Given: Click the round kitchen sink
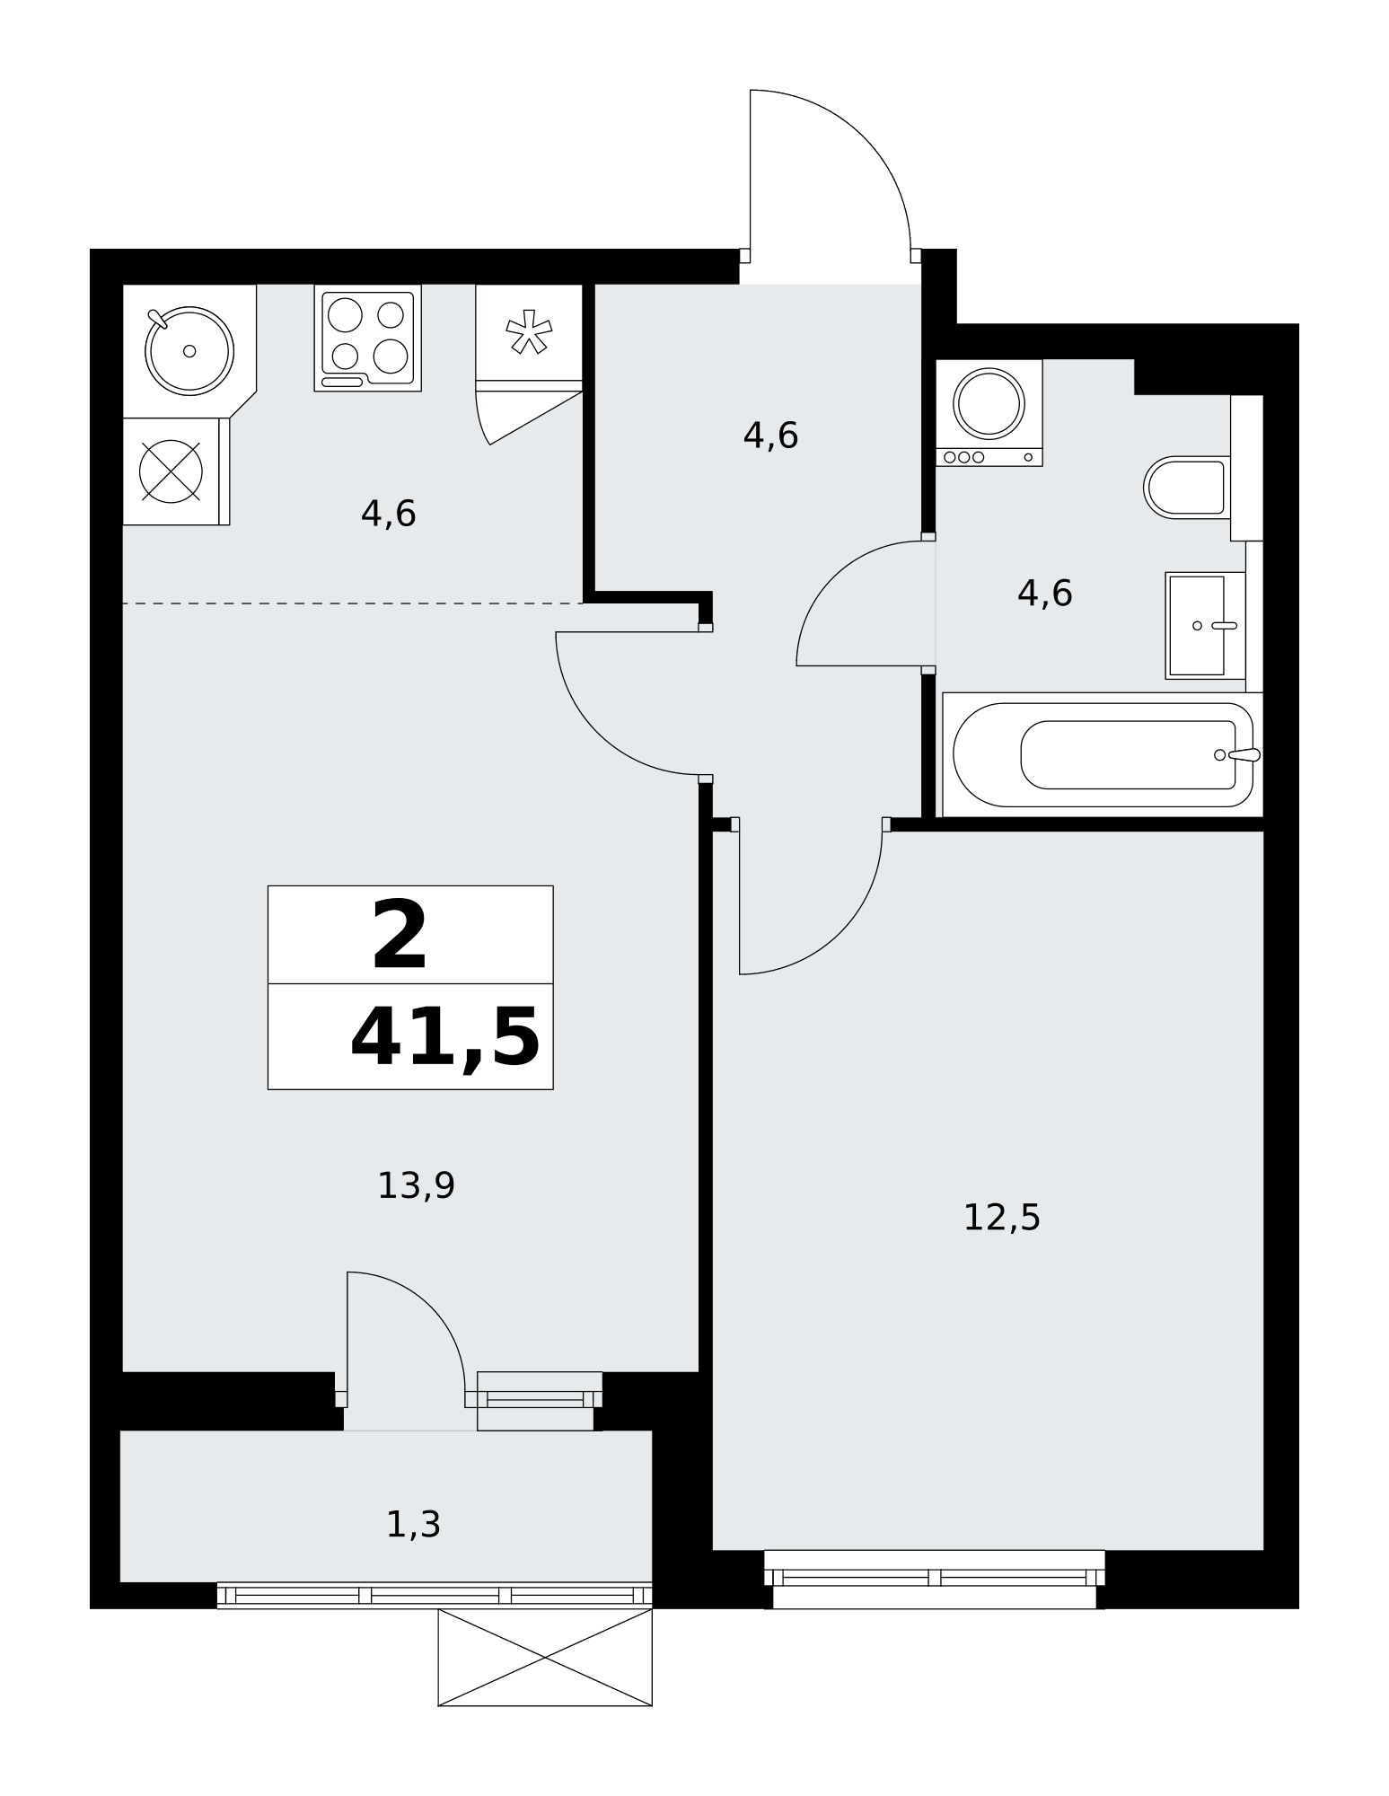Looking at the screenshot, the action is click(x=189, y=351).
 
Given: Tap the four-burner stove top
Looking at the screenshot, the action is click(x=368, y=339).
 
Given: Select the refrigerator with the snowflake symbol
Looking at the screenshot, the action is click(x=529, y=339).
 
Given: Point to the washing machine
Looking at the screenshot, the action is click(x=989, y=412).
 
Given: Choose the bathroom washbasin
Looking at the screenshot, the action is click(x=1205, y=625).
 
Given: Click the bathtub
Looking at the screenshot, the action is click(x=1103, y=754).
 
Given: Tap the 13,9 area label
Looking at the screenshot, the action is click(x=416, y=1186).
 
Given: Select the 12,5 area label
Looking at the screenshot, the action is click(x=1001, y=1218).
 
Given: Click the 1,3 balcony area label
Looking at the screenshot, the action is click(x=413, y=1524).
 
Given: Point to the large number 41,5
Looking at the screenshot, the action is click(x=445, y=1038).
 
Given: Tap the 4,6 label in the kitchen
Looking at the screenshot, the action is click(x=388, y=515).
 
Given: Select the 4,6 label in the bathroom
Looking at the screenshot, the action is click(x=1044, y=594).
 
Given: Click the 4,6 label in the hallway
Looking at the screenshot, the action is click(x=770, y=436).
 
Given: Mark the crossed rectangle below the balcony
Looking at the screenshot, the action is click(x=545, y=1658).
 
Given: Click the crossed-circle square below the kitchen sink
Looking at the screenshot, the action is click(x=171, y=471).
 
